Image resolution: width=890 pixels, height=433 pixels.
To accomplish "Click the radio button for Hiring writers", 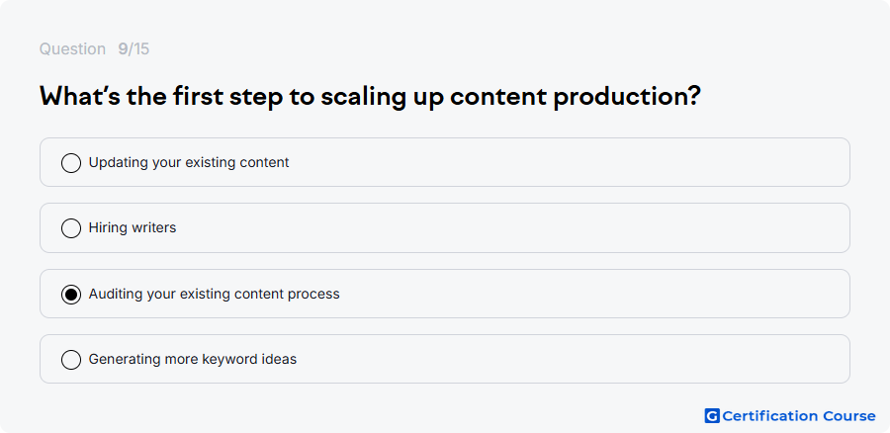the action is coord(71,228).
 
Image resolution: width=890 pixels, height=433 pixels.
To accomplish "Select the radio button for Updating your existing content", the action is coord(71,163).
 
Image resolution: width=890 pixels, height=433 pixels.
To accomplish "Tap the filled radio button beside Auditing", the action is coord(71,294).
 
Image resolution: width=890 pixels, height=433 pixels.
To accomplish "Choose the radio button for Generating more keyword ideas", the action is coord(71,359).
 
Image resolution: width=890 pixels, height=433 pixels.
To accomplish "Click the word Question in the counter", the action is coord(72,49).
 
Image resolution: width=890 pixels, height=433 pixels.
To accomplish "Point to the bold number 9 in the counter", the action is coord(123,49).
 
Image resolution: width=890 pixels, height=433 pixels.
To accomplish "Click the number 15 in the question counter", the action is coord(141,49).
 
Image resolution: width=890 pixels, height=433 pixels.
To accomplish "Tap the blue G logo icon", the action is coord(712,416).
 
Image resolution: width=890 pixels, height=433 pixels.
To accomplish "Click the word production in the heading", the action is coord(627,97).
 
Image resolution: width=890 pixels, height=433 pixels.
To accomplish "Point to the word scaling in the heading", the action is coord(363,97).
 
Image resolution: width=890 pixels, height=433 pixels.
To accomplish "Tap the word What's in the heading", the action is coord(79,97).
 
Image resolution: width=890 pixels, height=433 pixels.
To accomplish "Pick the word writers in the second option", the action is coord(154,227).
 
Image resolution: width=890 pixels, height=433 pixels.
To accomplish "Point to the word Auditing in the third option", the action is coord(116,295).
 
